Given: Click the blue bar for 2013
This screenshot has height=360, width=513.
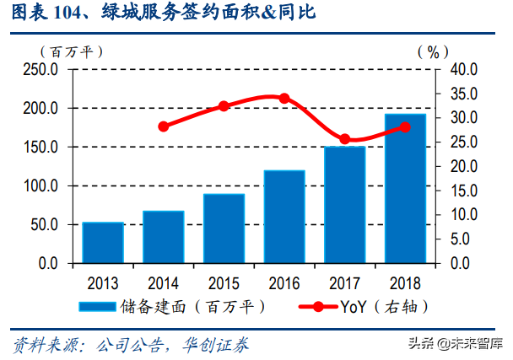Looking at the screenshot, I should pos(103,243).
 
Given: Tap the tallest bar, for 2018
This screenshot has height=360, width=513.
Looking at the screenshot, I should pos(405,188).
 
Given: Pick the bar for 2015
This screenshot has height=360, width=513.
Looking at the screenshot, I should pos(224,228).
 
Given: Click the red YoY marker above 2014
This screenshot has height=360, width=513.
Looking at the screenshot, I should pos(164,126).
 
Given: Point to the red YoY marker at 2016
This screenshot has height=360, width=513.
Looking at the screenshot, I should pos(284,99).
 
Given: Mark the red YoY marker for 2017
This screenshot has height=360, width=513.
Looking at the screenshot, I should pos(344,139).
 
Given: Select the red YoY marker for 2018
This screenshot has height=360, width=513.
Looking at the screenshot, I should pos(405,127).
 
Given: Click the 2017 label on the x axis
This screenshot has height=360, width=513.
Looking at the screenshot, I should pos(344,282).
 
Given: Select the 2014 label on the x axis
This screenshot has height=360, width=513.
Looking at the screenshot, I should pos(164,282).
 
